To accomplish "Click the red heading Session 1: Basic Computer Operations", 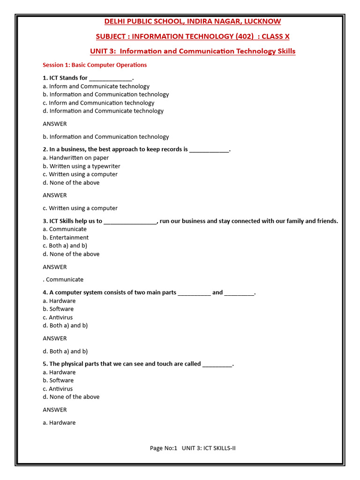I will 95,65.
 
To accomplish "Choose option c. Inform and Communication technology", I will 98,103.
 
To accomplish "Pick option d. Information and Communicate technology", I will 103,111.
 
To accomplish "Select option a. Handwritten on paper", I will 76,158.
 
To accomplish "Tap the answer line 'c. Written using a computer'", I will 80,208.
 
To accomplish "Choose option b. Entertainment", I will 66,238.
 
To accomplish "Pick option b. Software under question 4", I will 58,309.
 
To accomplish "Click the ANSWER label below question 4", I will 55,338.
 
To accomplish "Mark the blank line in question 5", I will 217,365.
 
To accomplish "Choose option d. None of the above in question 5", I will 71,397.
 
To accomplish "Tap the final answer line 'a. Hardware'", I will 59,423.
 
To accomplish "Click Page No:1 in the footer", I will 164,448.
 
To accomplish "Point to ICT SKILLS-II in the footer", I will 218,448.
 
